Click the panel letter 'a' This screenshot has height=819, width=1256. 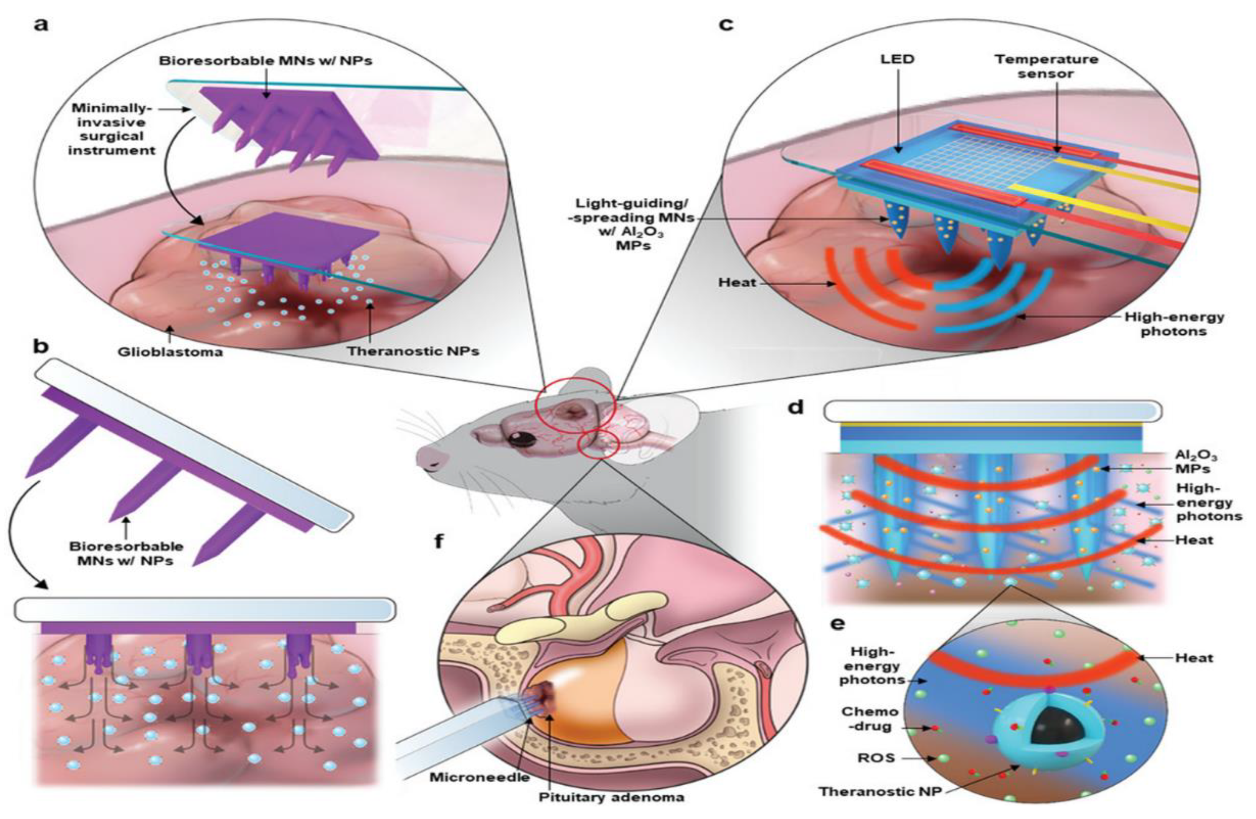click(x=41, y=25)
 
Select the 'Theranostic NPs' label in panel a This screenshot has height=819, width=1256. click(x=413, y=350)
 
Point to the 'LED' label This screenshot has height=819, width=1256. click(x=897, y=59)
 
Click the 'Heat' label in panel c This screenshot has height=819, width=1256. click(x=737, y=282)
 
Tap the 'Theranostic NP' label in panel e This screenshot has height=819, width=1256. click(x=880, y=791)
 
